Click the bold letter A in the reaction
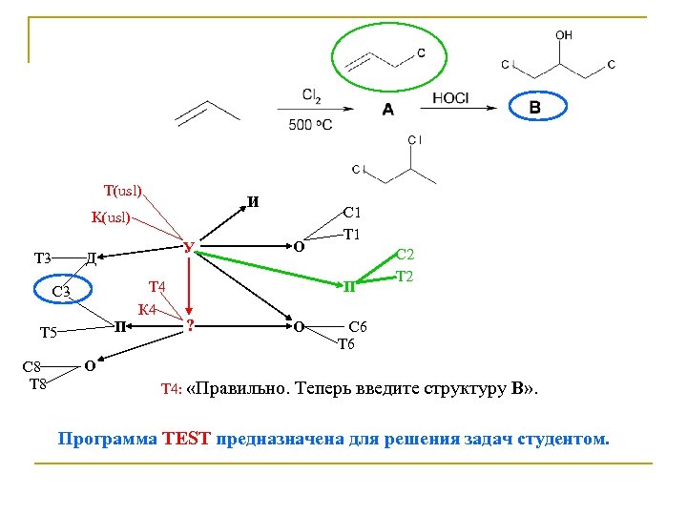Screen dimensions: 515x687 pyautogui.click(x=387, y=110)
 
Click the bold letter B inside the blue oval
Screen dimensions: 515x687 pyautogui.click(x=534, y=108)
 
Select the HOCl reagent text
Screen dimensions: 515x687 pyautogui.click(x=450, y=97)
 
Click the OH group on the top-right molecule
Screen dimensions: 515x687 pyautogui.click(x=564, y=34)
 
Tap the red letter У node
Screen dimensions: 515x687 pyautogui.click(x=189, y=249)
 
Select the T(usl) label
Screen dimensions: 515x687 pyautogui.click(x=122, y=191)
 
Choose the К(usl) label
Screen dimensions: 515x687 pyautogui.click(x=110, y=216)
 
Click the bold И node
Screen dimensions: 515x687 pyautogui.click(x=252, y=202)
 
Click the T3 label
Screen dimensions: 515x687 pyautogui.click(x=43, y=257)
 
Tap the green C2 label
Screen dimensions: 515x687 pyautogui.click(x=405, y=255)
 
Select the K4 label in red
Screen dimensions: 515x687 pyautogui.click(x=147, y=308)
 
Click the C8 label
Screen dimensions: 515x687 pyautogui.click(x=33, y=367)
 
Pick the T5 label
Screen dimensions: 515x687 pyautogui.click(x=49, y=332)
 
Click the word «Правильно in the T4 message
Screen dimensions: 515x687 pyautogui.click(x=236, y=389)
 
